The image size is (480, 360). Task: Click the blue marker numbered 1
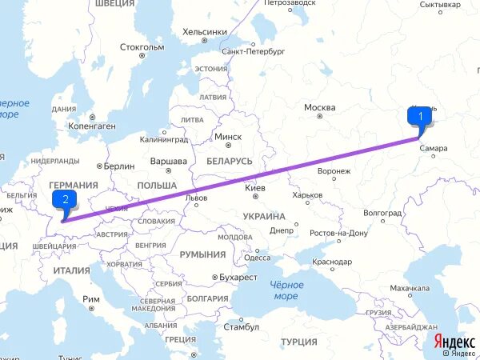(x=419, y=116)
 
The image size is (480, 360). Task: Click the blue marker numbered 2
(x=63, y=199)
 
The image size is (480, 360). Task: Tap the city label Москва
(x=319, y=108)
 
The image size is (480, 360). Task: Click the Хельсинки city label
(x=205, y=31)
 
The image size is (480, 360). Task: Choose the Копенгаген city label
(x=91, y=126)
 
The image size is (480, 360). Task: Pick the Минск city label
(x=227, y=137)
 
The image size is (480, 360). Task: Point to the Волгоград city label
(x=382, y=214)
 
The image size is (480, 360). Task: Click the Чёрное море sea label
(x=286, y=290)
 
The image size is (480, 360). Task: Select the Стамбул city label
(x=242, y=327)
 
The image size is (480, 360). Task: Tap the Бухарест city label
(x=239, y=277)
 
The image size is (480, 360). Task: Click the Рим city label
(x=91, y=299)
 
